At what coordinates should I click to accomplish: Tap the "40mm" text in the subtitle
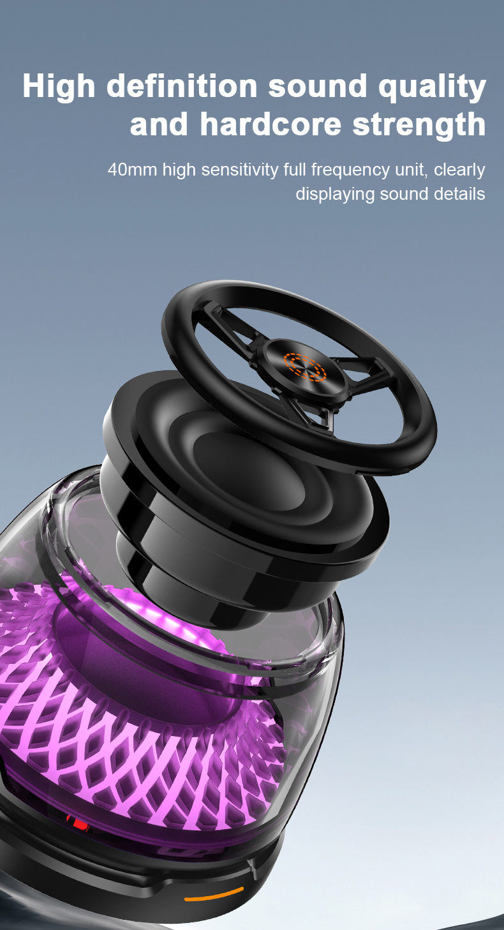(132, 170)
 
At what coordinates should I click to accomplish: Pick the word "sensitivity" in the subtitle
(238, 170)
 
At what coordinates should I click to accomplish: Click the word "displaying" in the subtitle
(335, 194)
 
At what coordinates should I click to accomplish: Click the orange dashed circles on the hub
(305, 366)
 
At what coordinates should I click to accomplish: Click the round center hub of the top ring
(305, 368)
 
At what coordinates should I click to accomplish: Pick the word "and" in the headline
(159, 124)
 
